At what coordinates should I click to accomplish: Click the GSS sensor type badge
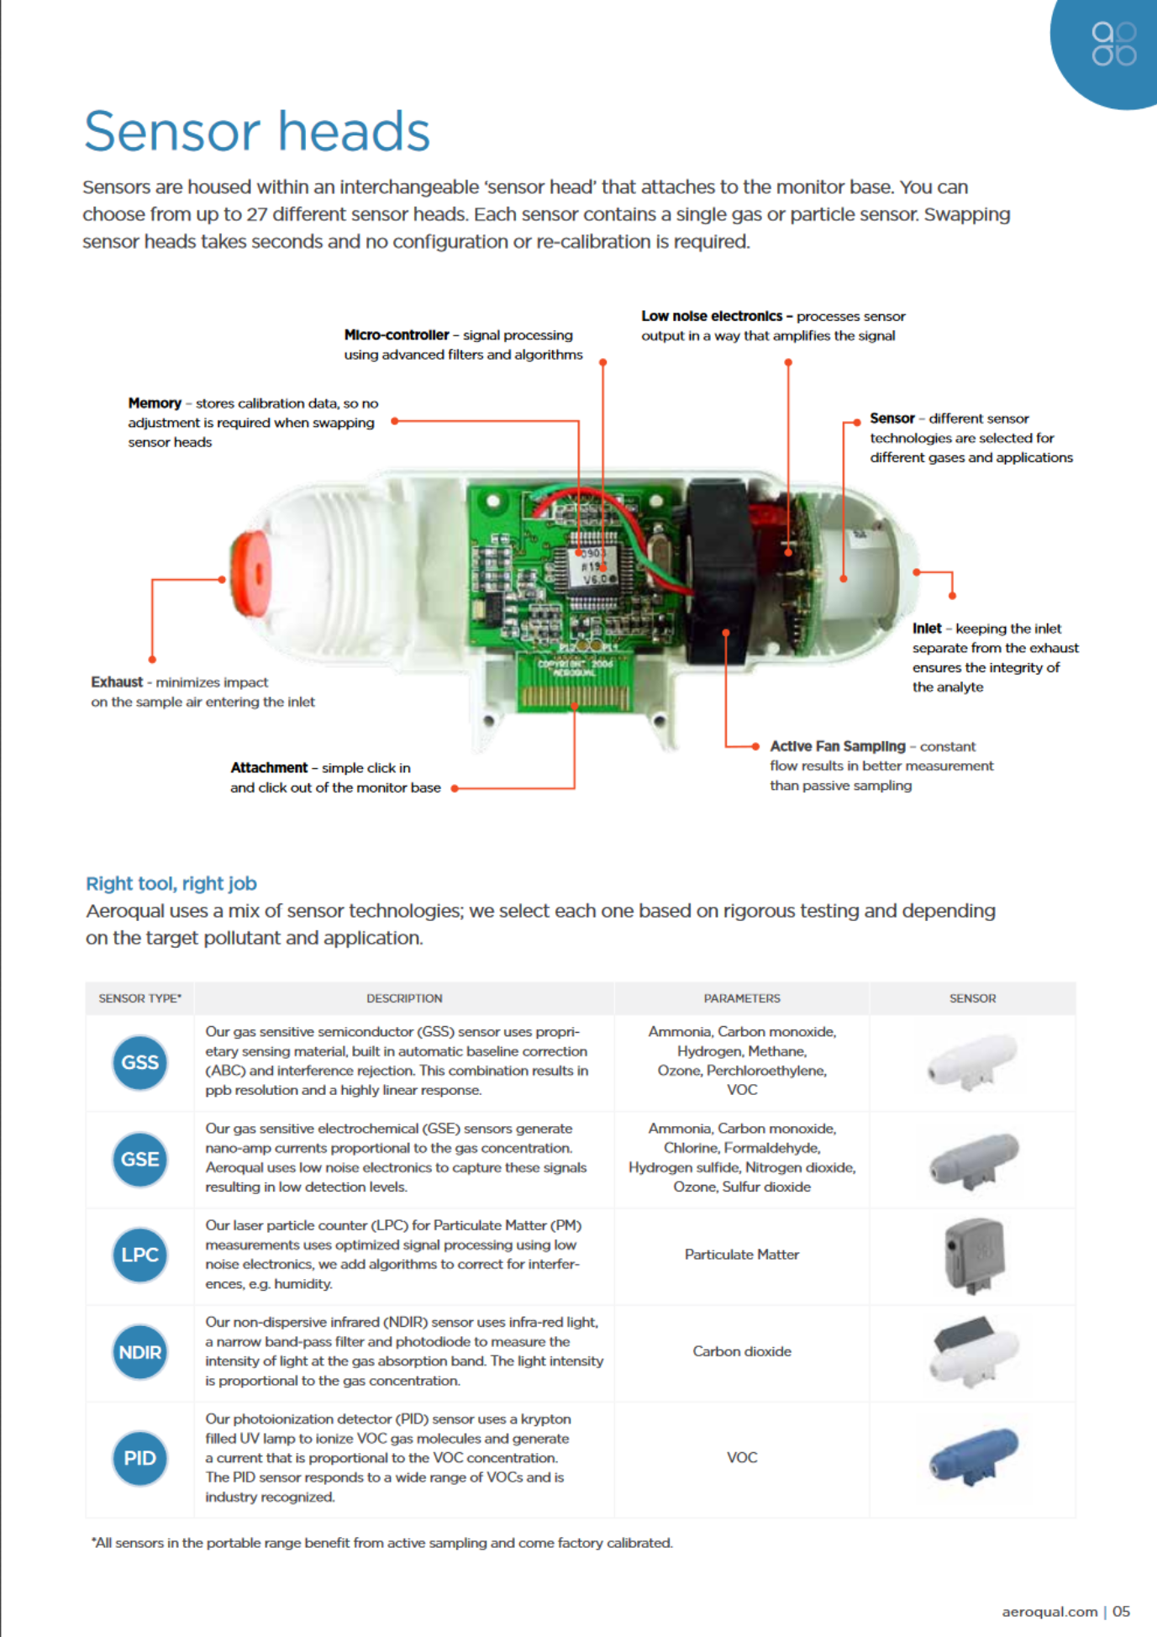(139, 1062)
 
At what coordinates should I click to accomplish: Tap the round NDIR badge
(139, 1352)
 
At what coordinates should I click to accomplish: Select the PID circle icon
(139, 1458)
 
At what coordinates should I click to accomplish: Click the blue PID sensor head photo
(974, 1455)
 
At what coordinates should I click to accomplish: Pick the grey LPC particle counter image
(975, 1255)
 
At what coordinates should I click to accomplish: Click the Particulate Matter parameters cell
(741, 1255)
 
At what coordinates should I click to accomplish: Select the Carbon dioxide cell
(741, 1351)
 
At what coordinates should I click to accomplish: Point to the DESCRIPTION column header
(404, 998)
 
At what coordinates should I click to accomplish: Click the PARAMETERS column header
(741, 998)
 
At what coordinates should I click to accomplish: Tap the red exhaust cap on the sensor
(251, 573)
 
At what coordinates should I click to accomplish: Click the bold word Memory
(155, 403)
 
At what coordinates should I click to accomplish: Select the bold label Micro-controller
(396, 335)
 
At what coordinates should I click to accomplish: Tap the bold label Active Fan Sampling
(837, 746)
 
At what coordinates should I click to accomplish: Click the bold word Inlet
(926, 629)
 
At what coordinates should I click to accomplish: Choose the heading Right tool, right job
(171, 883)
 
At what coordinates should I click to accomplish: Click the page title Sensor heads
(256, 132)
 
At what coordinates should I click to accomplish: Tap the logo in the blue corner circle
(1113, 44)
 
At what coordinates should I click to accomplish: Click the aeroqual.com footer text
(1049, 1612)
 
